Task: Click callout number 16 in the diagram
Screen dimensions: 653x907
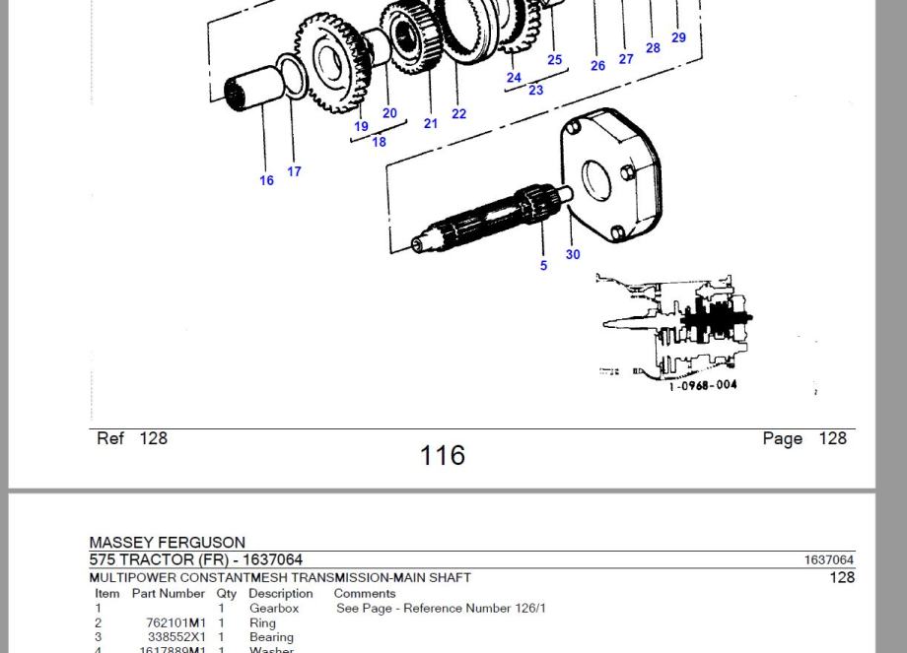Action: pos(266,180)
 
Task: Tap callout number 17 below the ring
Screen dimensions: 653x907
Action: pos(294,171)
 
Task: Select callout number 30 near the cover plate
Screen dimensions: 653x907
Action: pos(573,254)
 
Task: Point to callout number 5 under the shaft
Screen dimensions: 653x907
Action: pos(543,265)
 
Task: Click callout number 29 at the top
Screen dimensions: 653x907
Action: pos(678,37)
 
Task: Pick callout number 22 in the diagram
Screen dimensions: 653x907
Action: pos(458,113)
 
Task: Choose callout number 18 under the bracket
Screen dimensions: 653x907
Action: pos(379,142)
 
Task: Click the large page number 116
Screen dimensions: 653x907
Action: pos(442,455)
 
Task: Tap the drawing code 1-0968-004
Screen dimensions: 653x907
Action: pos(702,385)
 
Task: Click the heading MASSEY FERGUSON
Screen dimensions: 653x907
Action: pos(167,543)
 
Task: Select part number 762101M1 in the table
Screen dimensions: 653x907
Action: pos(175,622)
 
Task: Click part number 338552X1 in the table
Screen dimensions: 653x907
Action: pos(176,637)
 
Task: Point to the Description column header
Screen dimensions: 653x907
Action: pos(280,594)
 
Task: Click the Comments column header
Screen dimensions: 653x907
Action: pos(365,594)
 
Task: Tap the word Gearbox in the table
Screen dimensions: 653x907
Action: pos(273,609)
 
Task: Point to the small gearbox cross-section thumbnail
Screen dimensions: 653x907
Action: pos(680,325)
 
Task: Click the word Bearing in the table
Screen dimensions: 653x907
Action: pos(271,637)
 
